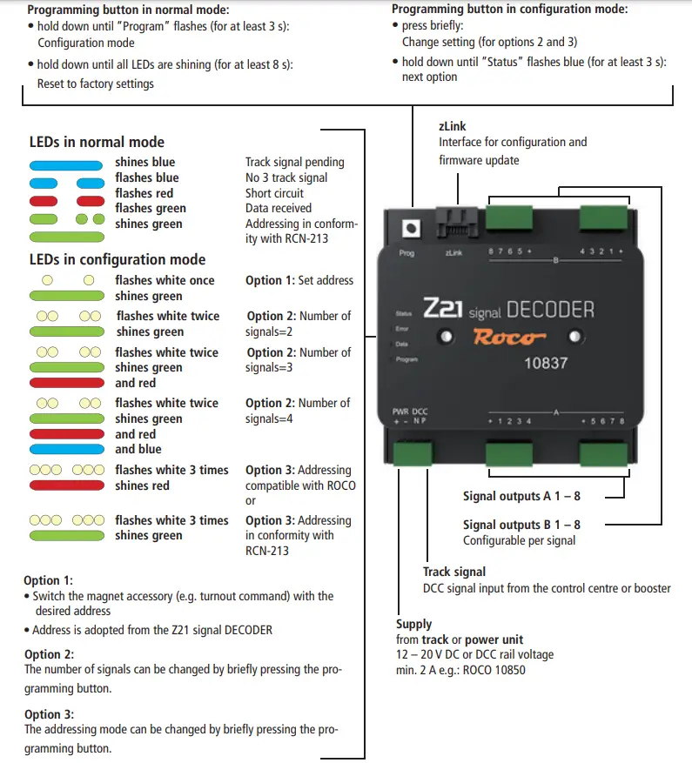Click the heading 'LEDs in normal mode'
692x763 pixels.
97,142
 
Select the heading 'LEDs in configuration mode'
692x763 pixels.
118,259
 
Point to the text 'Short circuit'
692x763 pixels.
274,193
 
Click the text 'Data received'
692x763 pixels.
279,209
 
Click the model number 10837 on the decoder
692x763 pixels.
546,364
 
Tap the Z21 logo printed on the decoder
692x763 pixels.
444,309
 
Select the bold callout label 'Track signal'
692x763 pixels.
454,572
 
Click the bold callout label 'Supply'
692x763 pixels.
413,624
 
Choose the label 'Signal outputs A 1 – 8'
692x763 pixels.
521,497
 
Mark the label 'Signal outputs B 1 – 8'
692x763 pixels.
521,525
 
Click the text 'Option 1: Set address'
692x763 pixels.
299,280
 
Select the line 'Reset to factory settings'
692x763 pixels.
96,84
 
